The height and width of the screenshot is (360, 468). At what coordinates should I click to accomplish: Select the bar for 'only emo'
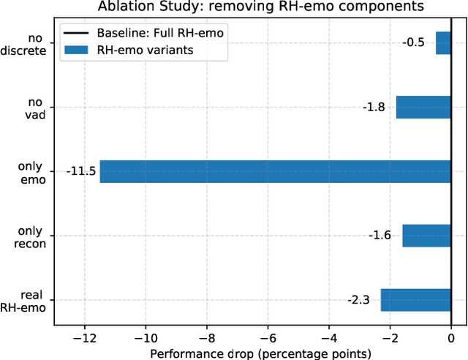tap(275, 171)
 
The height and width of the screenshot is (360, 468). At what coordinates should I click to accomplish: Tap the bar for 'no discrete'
tap(443, 42)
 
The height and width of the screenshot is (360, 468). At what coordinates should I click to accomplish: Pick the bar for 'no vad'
tap(423, 107)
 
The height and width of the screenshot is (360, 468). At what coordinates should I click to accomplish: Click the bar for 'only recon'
tap(426, 236)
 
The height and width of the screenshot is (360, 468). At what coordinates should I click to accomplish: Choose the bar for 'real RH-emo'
tap(415, 300)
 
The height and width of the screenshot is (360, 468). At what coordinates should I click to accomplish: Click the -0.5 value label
tap(413, 42)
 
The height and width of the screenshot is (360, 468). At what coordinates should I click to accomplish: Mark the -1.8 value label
tap(374, 107)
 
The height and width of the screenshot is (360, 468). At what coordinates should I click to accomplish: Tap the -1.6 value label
tap(380, 236)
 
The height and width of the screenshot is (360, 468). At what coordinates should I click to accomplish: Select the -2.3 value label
tap(358, 300)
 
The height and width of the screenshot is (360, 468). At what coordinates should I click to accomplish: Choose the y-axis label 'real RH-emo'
tap(29, 301)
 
